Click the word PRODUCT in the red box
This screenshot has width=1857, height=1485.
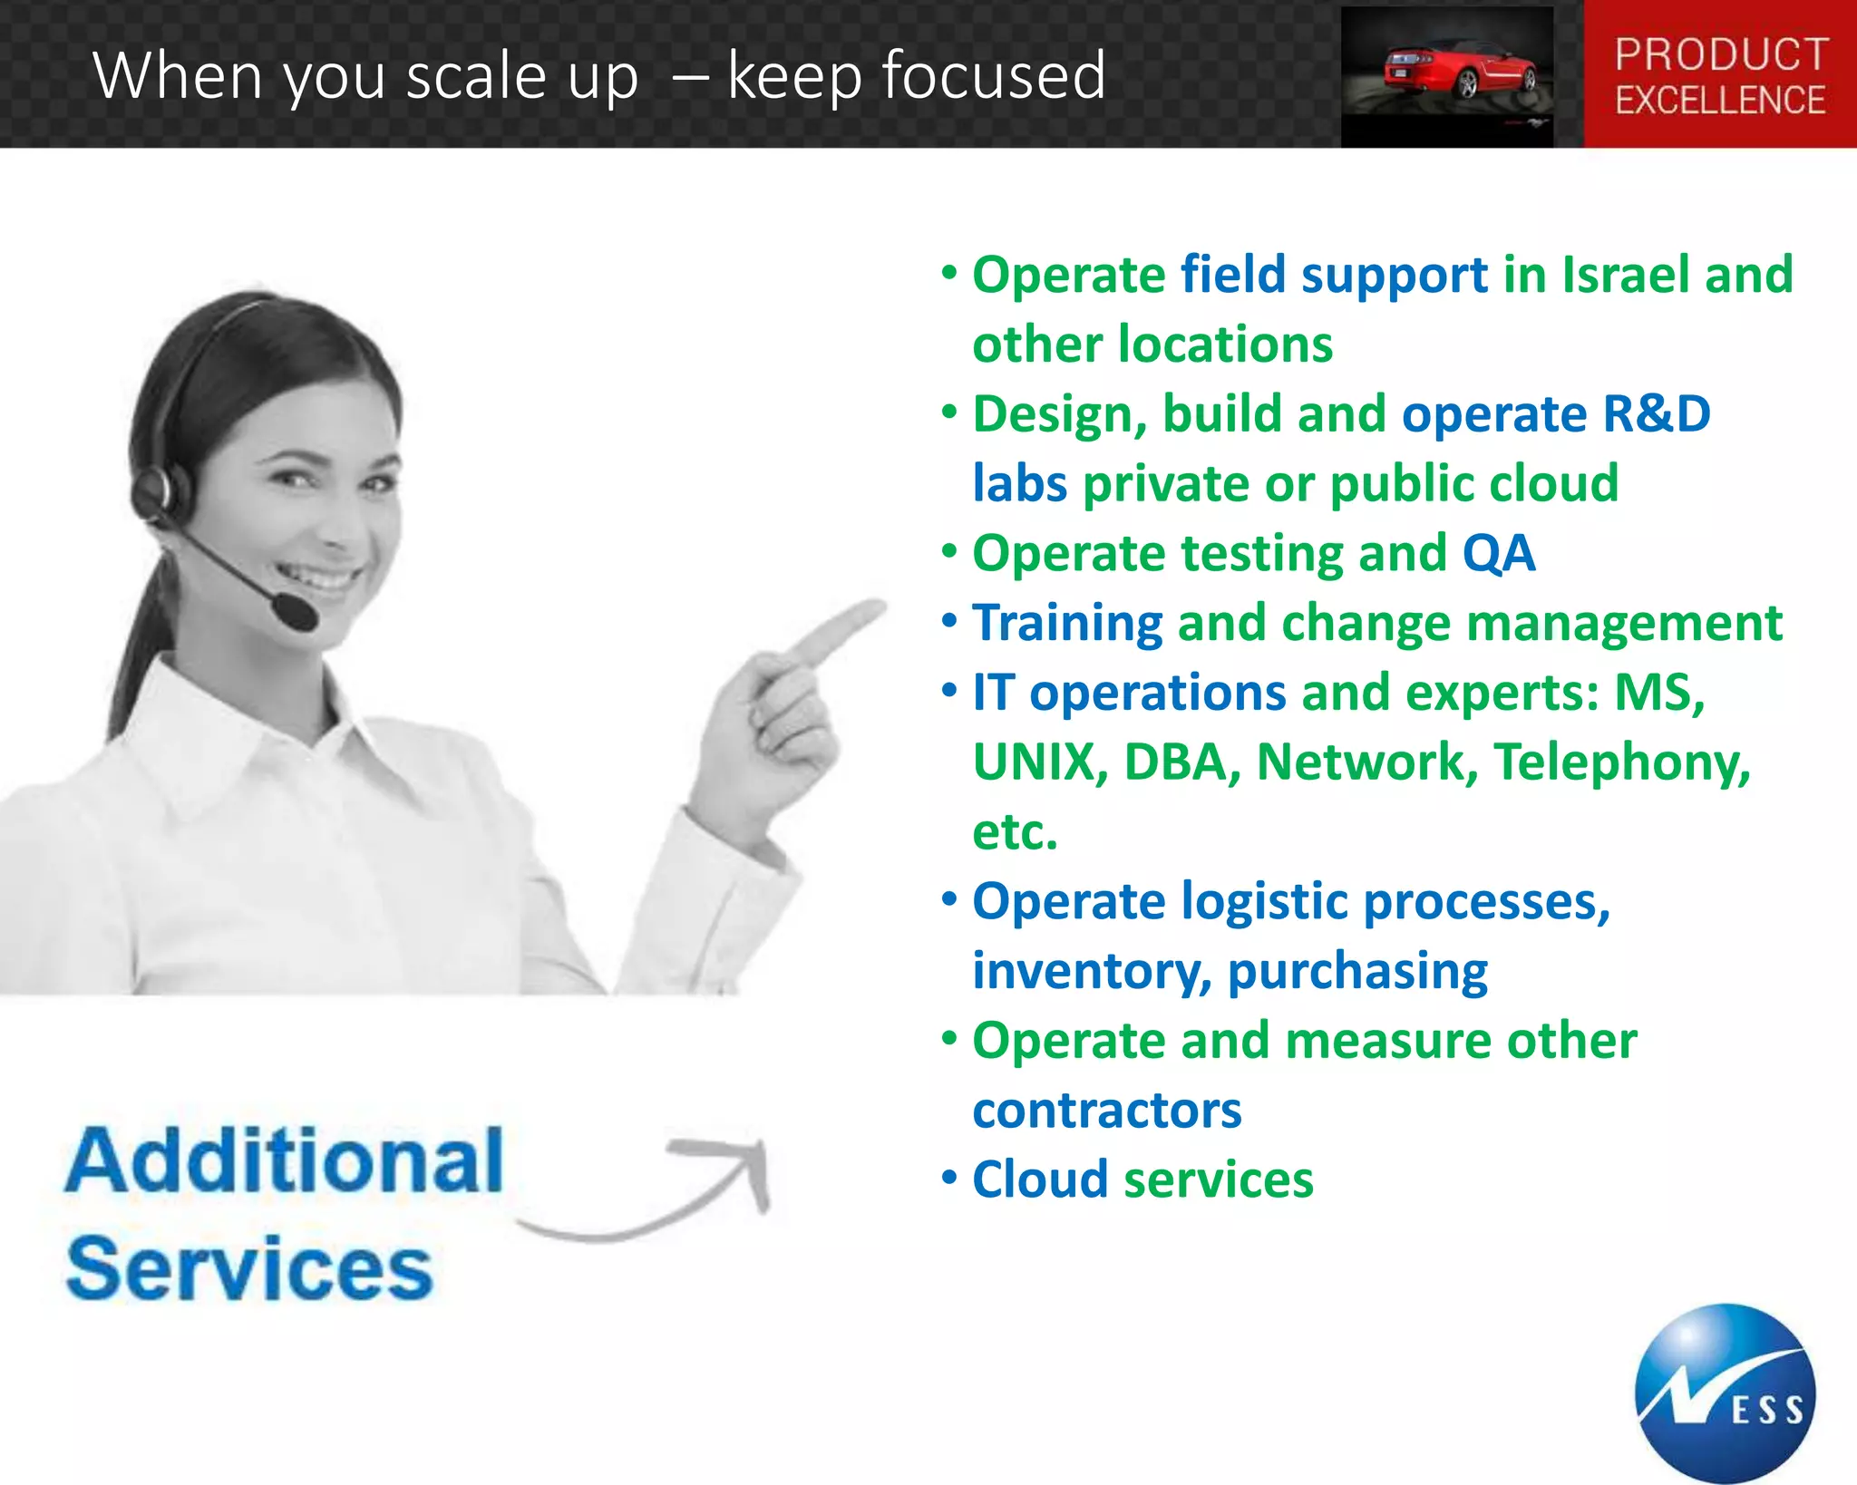(1720, 54)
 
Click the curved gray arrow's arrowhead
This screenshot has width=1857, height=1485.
(748, 1165)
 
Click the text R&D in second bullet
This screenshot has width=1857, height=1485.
(1656, 413)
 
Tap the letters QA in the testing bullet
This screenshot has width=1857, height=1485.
(1498, 553)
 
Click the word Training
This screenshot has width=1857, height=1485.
(1067, 623)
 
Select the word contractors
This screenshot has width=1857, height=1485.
(1106, 1110)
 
